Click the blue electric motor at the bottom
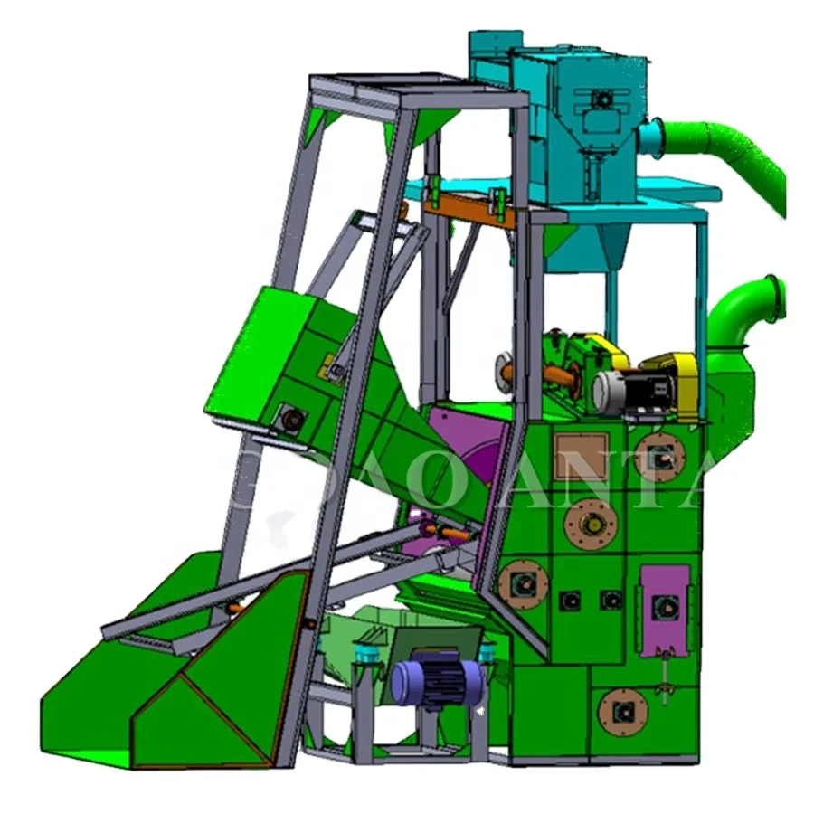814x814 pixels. [x=432, y=677]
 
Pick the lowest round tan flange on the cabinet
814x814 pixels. [x=622, y=711]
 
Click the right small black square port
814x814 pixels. [x=612, y=600]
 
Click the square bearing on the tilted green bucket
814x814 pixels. [x=291, y=418]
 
